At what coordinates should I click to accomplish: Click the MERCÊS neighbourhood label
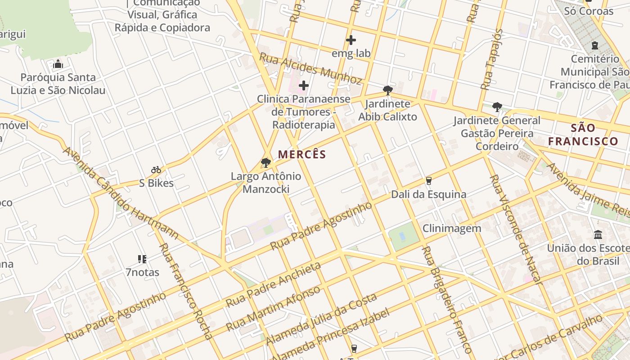point(302,154)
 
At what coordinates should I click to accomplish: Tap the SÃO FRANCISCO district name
point(583,135)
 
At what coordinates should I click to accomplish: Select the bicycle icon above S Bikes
point(156,170)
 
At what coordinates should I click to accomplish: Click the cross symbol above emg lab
point(351,40)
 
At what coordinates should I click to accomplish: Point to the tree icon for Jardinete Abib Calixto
point(387,90)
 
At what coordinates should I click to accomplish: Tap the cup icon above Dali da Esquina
point(428,181)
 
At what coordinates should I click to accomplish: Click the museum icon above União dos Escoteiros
point(598,234)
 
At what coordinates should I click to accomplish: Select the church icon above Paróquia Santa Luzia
point(58,64)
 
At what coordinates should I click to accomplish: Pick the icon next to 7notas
point(142,259)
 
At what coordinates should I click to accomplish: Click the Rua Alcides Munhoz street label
point(310,68)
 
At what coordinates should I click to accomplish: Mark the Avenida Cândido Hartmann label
point(120,193)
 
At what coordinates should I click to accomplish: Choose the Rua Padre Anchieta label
point(274,284)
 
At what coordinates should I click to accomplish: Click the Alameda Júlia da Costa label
point(321,319)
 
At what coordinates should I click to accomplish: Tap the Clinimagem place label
point(452,228)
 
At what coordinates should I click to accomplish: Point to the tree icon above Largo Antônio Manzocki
point(266,162)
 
